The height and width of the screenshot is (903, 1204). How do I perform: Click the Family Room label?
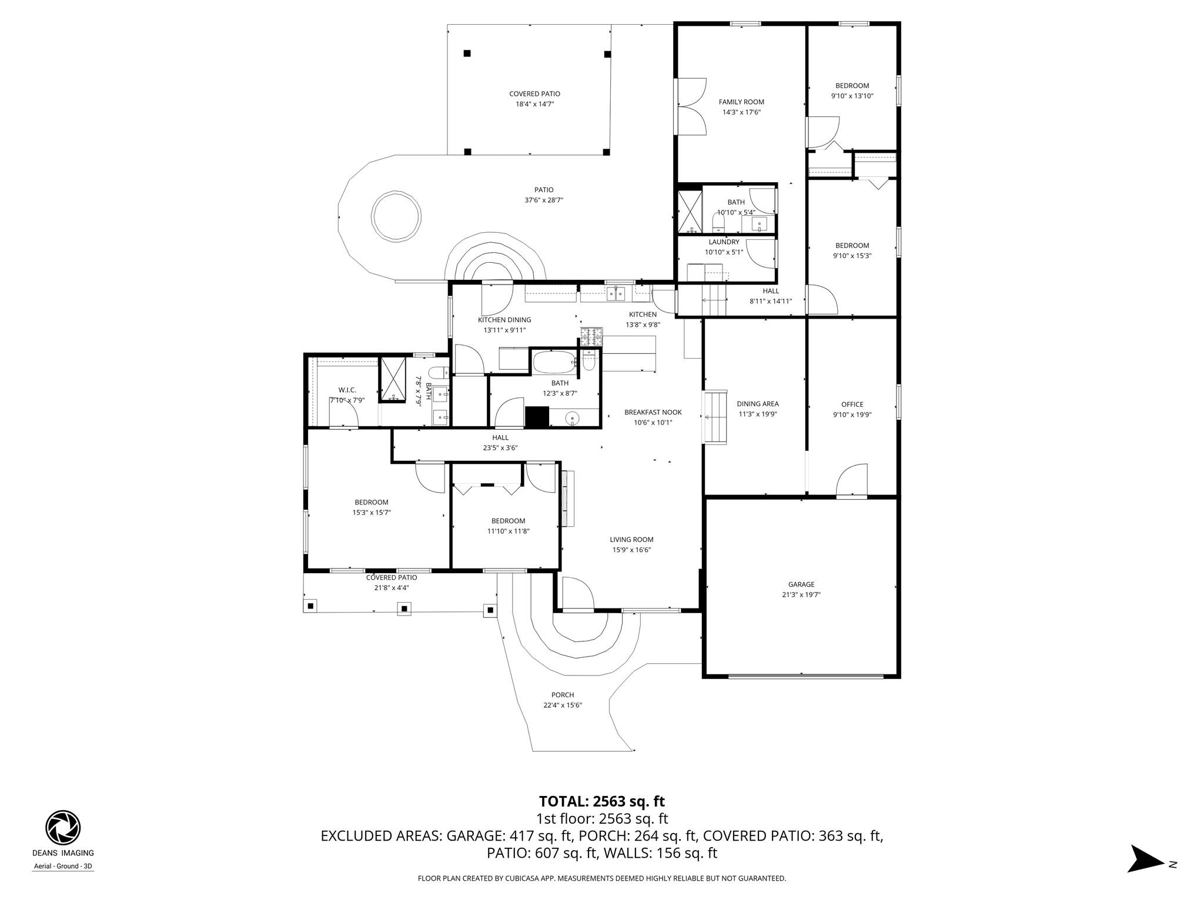[741, 102]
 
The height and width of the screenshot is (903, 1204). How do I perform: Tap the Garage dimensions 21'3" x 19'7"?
[801, 594]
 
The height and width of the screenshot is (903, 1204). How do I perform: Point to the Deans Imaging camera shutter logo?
[63, 827]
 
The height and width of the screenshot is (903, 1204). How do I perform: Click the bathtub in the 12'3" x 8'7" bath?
[554, 362]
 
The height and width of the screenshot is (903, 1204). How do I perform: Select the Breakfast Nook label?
[653, 412]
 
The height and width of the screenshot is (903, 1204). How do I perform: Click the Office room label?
[852, 404]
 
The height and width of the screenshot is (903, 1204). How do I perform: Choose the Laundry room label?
[724, 242]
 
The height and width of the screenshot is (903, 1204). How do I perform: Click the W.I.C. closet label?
[347, 390]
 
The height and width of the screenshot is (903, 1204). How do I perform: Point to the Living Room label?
[631, 539]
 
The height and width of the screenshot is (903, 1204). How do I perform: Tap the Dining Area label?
[758, 403]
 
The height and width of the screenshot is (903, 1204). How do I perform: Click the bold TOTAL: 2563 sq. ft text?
[601, 801]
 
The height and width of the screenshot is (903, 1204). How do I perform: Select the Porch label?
[563, 695]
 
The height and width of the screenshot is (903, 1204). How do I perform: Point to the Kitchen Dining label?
[504, 320]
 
